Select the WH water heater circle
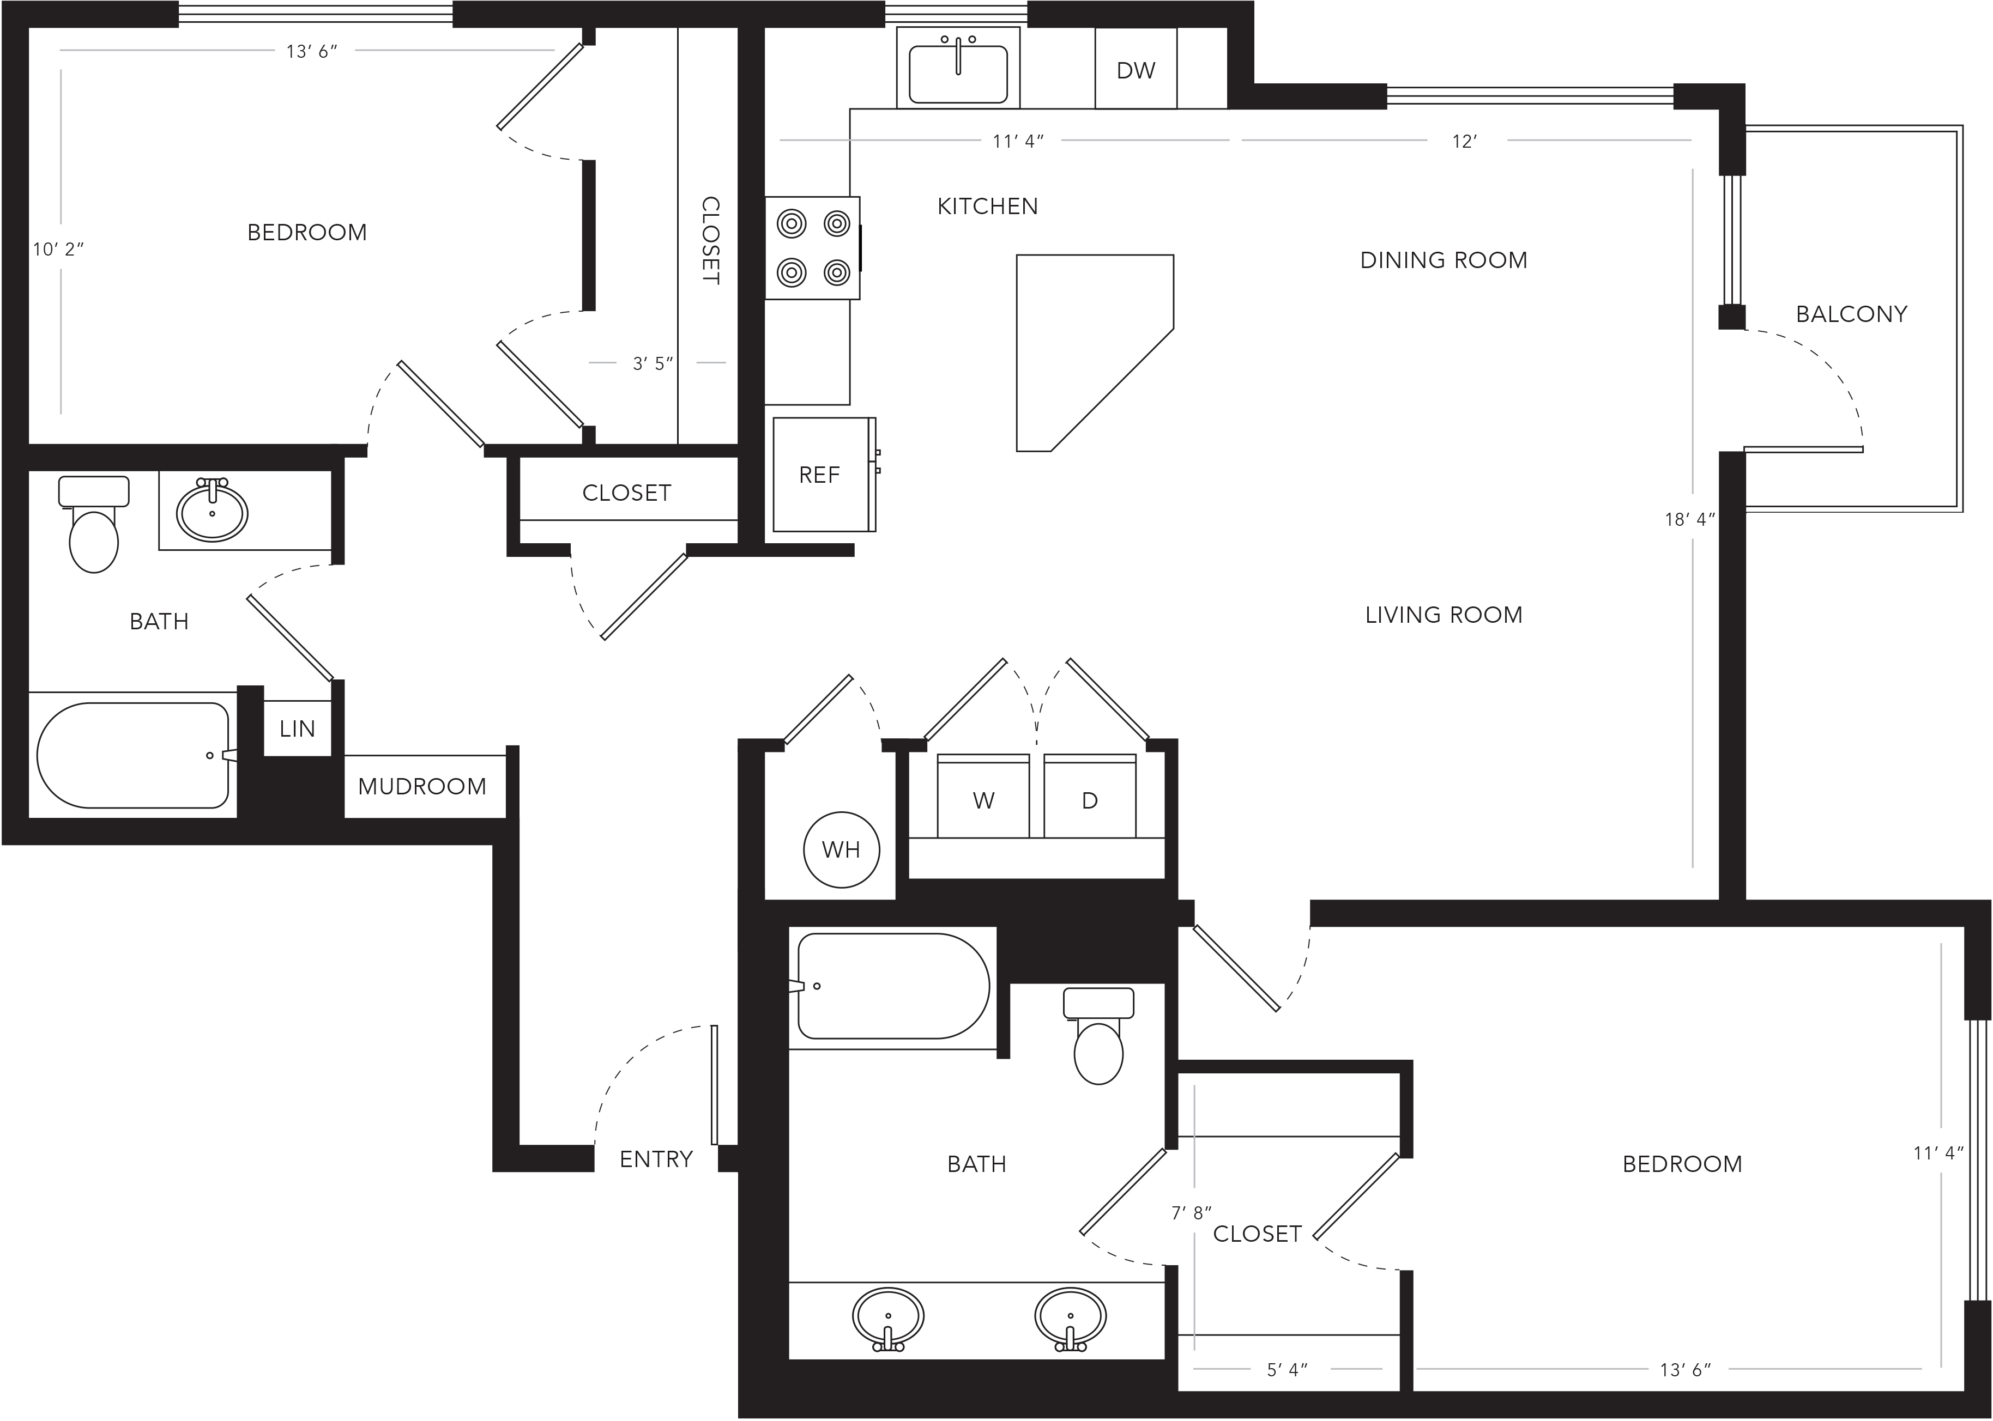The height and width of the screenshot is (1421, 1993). (x=841, y=849)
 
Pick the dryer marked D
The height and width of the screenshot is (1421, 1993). (x=1090, y=796)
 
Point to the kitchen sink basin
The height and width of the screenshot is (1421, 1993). (x=958, y=74)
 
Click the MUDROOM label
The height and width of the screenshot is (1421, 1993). (x=422, y=786)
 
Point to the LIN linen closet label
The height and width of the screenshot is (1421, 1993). (x=297, y=728)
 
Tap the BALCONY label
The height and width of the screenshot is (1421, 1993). (x=1851, y=313)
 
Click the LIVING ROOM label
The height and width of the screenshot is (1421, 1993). (x=1444, y=614)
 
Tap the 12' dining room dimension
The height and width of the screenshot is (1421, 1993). (x=1464, y=141)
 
